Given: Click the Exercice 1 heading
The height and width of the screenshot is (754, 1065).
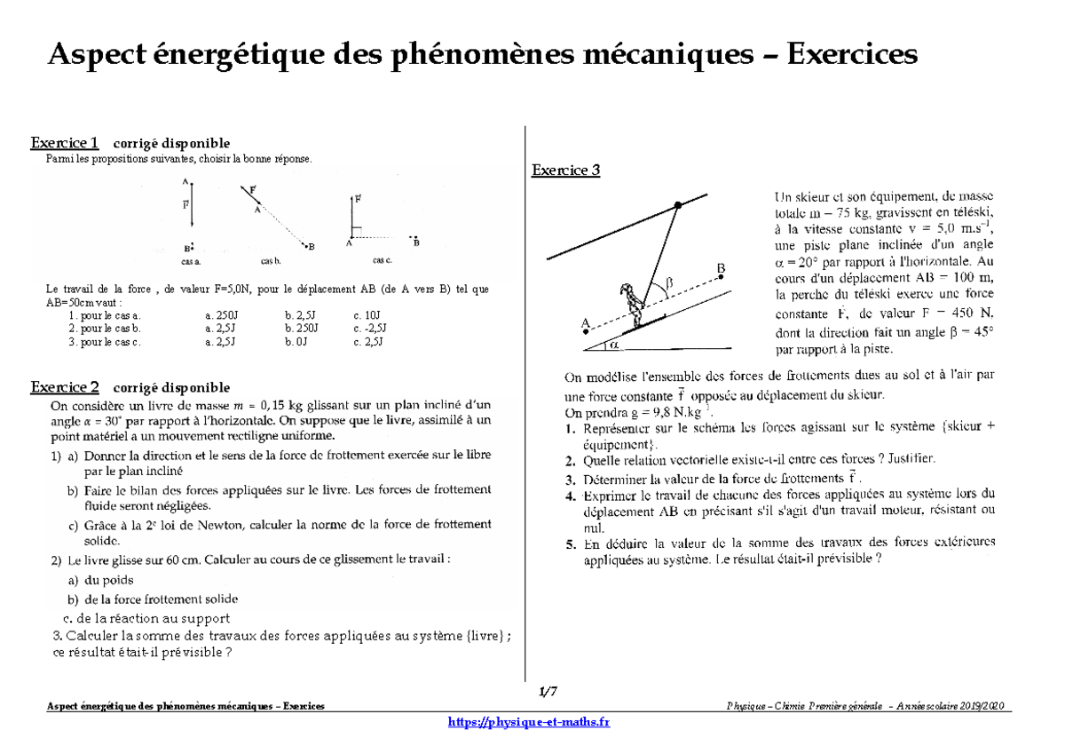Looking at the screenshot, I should pyautogui.click(x=65, y=143).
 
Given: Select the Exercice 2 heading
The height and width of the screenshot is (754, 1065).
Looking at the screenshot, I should pyautogui.click(x=65, y=387).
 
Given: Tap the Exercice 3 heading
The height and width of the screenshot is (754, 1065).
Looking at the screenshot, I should pyautogui.click(x=565, y=171).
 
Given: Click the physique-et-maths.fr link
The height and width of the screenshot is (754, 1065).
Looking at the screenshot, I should pyautogui.click(x=531, y=722).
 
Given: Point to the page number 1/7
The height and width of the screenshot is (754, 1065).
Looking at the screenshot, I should pyautogui.click(x=548, y=691).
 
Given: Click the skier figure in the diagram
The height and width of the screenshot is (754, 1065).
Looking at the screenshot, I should pyautogui.click(x=632, y=304).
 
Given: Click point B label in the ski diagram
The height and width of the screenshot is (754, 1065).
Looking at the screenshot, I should pyautogui.click(x=722, y=267).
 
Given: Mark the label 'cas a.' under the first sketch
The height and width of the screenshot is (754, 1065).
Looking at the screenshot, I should pyautogui.click(x=191, y=262).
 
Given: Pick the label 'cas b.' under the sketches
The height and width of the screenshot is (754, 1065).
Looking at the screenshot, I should pyautogui.click(x=271, y=262).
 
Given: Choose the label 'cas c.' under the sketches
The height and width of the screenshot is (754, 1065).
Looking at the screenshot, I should pyautogui.click(x=383, y=260).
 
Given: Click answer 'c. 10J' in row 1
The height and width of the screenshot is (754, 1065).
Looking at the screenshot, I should pyautogui.click(x=367, y=315).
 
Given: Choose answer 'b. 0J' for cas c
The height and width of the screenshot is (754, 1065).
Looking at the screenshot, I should pyautogui.click(x=295, y=341).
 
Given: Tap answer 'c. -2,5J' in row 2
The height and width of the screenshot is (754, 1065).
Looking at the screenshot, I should pyautogui.click(x=370, y=328).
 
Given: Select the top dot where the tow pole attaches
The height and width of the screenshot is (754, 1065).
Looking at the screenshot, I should pyautogui.click(x=677, y=205).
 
